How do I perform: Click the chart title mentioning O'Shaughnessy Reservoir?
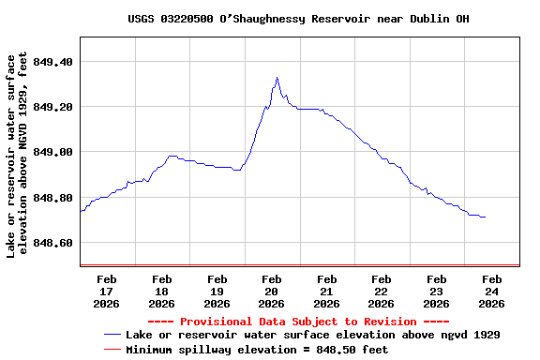298,19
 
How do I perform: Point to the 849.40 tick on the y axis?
53,62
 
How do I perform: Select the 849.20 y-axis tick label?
53,107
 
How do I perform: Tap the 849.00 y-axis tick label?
53,152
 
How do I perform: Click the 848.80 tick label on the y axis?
53,198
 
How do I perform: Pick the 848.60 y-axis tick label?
53,243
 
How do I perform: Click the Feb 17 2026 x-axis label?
107,291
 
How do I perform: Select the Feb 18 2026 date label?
161,291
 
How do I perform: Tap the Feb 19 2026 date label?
217,291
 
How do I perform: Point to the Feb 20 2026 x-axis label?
272,291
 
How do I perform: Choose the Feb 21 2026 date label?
326,291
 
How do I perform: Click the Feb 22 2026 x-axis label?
382,291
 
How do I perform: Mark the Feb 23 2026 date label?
436,291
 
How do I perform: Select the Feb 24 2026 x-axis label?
491,291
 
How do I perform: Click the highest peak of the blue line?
277,78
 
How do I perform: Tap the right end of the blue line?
485,217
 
